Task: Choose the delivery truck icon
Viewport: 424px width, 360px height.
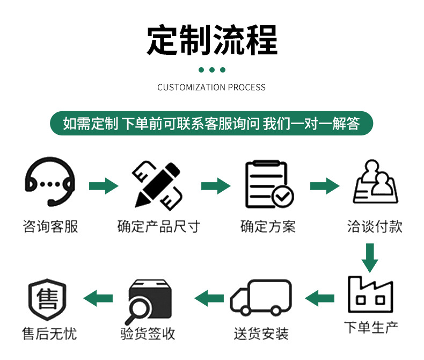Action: pyautogui.click(x=261, y=297)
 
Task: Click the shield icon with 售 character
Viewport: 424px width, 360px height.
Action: pyautogui.click(x=47, y=299)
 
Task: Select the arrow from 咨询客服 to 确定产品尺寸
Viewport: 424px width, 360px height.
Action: pyautogui.click(x=103, y=186)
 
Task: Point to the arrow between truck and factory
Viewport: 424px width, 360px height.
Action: pyautogui.click(x=319, y=297)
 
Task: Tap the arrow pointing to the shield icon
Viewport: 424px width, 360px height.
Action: pyautogui.click(x=97, y=297)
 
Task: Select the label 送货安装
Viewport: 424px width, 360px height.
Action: pyautogui.click(x=261, y=334)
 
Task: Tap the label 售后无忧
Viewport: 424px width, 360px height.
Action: pyautogui.click(x=49, y=334)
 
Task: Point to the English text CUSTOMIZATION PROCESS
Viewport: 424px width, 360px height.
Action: pyautogui.click(x=211, y=87)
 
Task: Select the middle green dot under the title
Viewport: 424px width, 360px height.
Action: pyautogui.click(x=212, y=70)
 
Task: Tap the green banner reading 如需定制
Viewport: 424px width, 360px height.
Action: pyautogui.click(x=211, y=124)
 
